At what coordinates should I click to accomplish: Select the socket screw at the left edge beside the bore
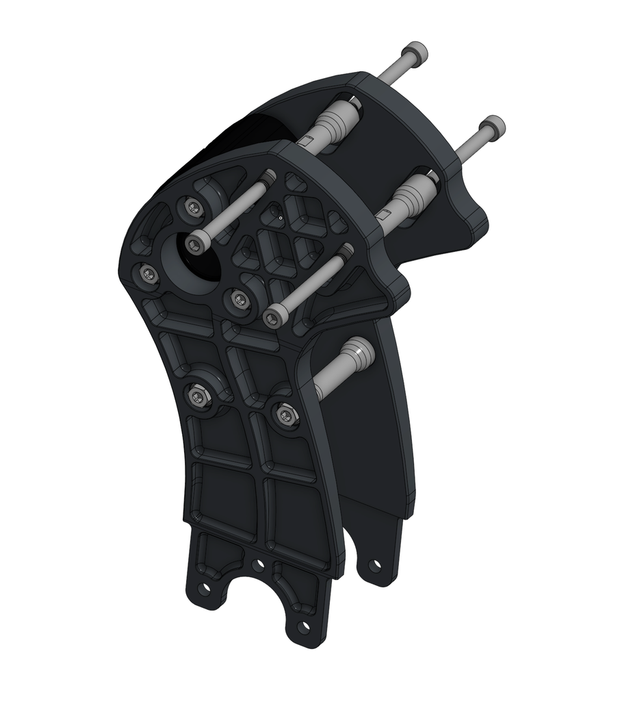[x=147, y=275]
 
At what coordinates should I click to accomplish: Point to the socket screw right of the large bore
[x=240, y=298]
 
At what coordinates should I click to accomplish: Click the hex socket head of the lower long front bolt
[x=272, y=317]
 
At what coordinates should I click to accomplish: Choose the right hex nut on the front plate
[x=285, y=413]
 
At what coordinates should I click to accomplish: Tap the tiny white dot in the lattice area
[x=280, y=218]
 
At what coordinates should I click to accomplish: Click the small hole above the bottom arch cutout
[x=258, y=565]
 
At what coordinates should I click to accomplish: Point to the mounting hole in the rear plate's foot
[x=374, y=565]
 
